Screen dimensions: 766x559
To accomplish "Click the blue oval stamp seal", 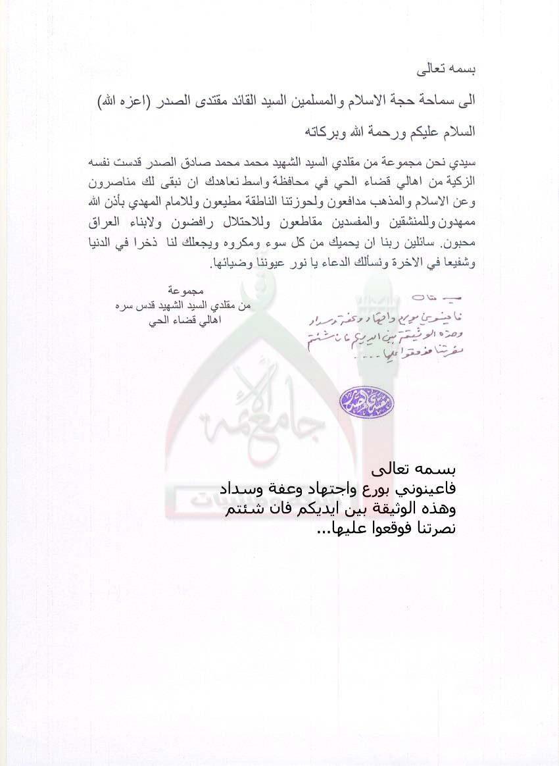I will pos(358,401).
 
